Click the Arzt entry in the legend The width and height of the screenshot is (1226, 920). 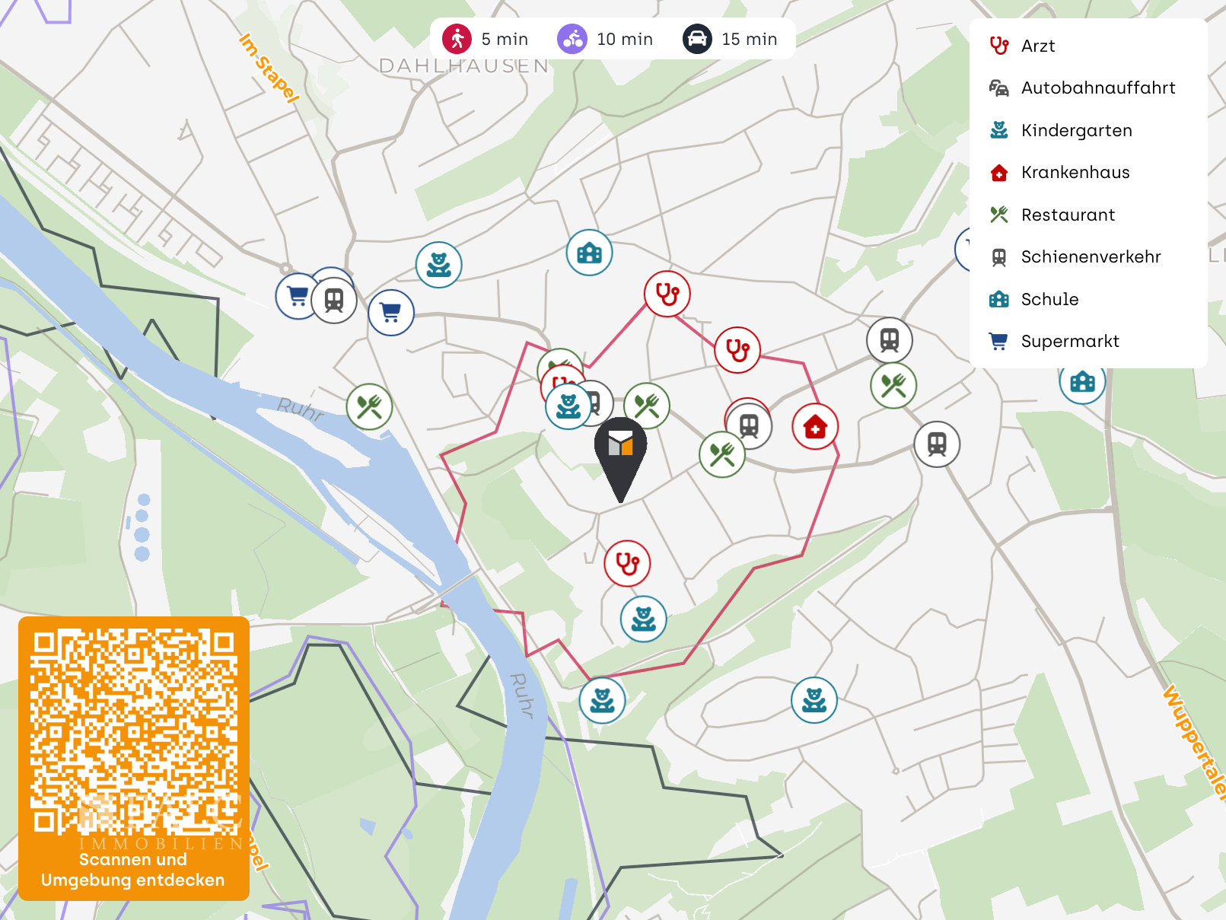1037,46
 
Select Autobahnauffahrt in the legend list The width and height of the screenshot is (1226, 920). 1097,88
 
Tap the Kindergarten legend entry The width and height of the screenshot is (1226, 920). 1076,131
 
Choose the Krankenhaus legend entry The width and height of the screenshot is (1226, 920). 1075,173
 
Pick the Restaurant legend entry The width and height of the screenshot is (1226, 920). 1068,215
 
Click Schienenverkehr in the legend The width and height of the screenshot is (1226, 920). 1091,257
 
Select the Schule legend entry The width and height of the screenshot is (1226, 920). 1049,300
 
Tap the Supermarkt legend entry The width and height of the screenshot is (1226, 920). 1069,342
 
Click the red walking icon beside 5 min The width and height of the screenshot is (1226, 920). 457,39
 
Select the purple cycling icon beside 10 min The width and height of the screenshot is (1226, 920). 572,39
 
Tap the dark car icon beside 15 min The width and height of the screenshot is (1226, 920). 697,39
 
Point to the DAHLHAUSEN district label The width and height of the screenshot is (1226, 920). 463,66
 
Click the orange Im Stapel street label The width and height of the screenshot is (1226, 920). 269,68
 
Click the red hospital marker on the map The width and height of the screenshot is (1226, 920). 815,427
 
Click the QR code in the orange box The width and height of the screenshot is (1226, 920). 134,731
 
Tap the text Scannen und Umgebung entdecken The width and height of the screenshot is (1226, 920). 133,870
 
